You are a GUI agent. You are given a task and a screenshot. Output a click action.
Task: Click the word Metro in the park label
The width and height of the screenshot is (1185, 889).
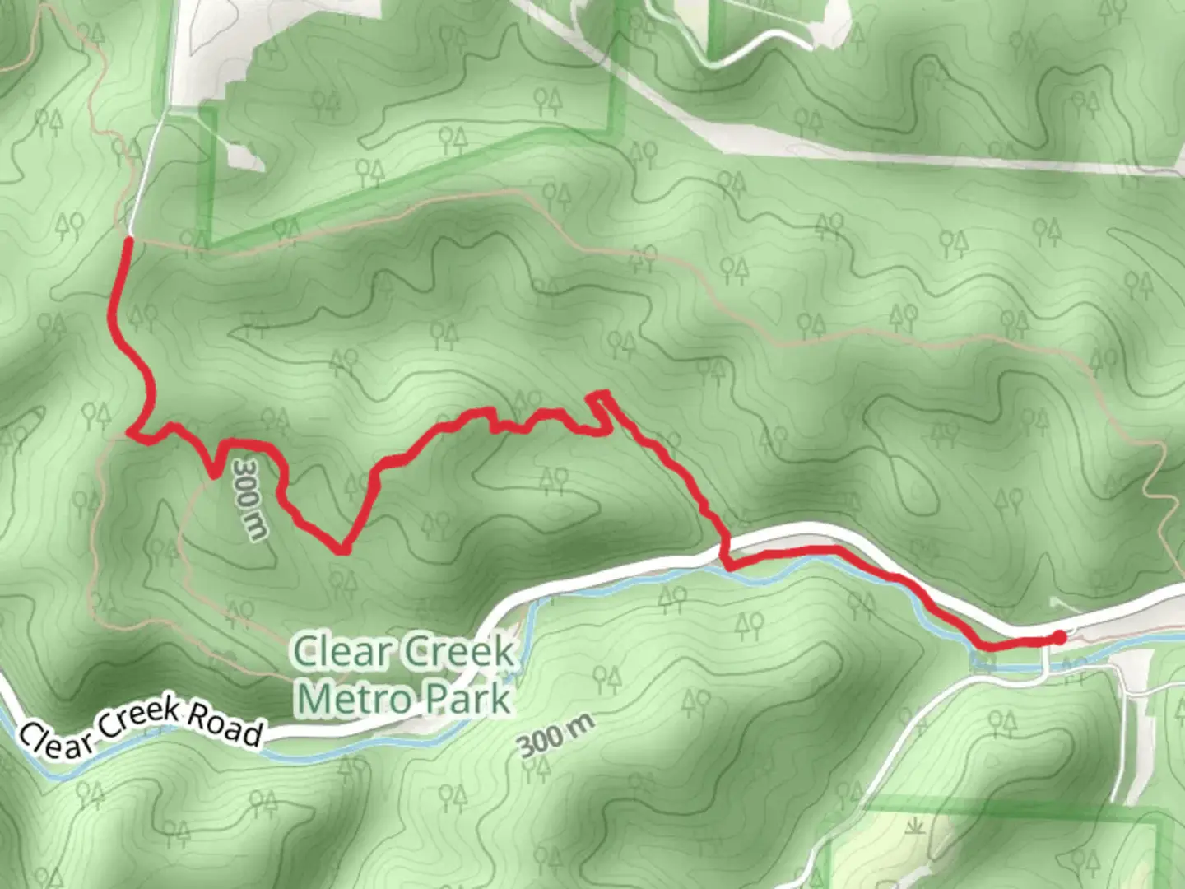[355, 699]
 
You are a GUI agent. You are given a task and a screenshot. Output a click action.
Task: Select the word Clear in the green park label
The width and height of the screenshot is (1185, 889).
[342, 652]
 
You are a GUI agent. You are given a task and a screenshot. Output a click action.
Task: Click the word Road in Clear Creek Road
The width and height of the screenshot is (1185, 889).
[225, 724]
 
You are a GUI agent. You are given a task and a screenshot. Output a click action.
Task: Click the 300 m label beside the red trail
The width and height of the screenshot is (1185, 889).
[249, 499]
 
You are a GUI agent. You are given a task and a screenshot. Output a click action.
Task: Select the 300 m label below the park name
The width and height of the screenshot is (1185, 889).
[556, 735]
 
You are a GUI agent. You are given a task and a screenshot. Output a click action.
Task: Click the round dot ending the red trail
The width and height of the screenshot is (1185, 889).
[1060, 637]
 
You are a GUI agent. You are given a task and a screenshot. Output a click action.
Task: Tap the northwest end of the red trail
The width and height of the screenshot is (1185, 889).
[128, 240]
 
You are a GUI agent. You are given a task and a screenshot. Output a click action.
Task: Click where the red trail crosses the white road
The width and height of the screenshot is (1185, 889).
[726, 546]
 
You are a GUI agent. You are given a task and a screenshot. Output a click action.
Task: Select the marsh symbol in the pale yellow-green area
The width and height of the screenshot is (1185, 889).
[913, 824]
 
